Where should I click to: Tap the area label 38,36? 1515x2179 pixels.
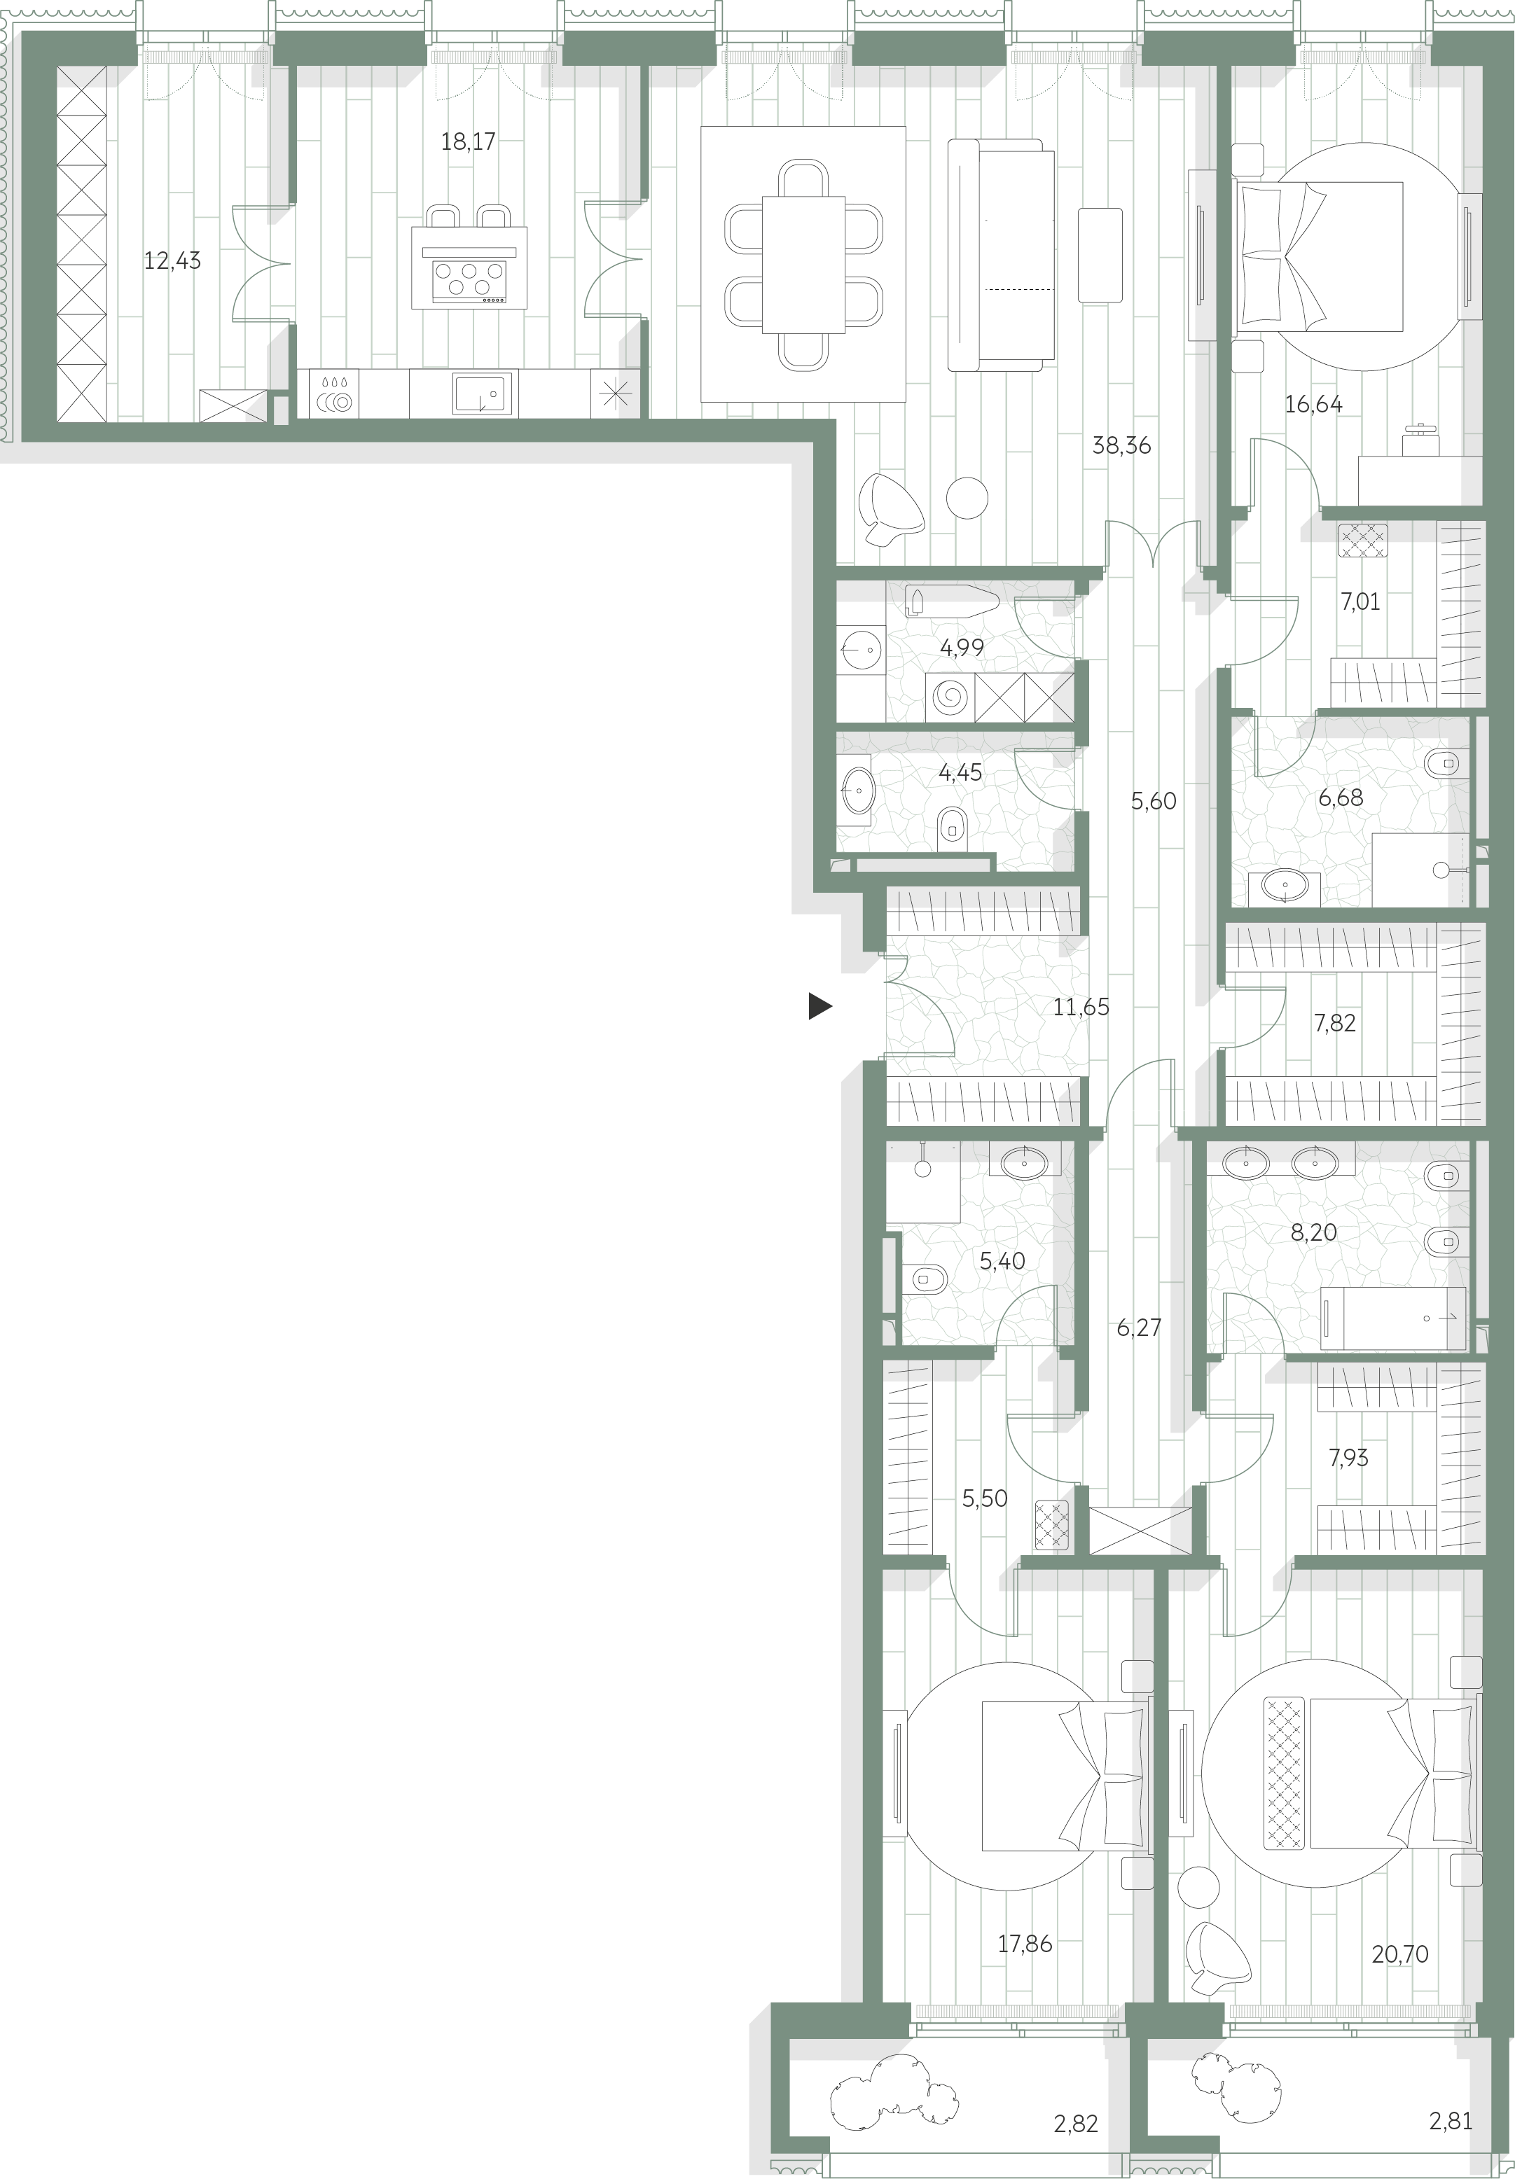[x=1121, y=445]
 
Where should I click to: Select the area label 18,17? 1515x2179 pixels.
[x=468, y=141]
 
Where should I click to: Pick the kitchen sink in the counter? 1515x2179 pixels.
[x=483, y=393]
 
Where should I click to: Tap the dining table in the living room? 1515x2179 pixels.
[x=803, y=265]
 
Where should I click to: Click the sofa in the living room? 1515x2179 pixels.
[x=1002, y=254]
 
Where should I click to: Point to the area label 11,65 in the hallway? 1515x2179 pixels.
[x=1080, y=1007]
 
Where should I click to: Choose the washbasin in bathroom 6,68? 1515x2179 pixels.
[x=1285, y=886]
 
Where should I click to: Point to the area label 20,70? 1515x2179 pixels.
[x=1399, y=1954]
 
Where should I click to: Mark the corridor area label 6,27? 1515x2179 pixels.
[x=1138, y=1328]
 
